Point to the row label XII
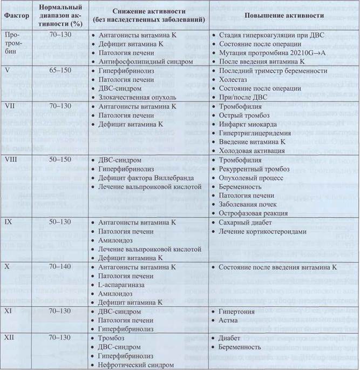[10, 338]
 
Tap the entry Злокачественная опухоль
[138, 97]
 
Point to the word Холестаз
[234, 79]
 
